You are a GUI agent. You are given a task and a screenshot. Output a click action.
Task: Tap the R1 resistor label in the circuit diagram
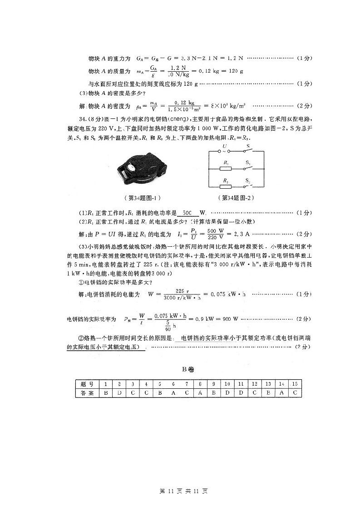[226, 162]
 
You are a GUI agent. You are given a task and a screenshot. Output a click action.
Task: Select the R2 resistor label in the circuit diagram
[225, 180]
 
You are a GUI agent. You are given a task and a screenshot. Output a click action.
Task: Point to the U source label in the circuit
[224, 146]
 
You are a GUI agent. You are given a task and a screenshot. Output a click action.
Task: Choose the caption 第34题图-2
[237, 198]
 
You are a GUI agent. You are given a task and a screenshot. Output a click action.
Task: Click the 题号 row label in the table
[86, 384]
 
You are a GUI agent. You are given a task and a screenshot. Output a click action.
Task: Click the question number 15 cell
[295, 384]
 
